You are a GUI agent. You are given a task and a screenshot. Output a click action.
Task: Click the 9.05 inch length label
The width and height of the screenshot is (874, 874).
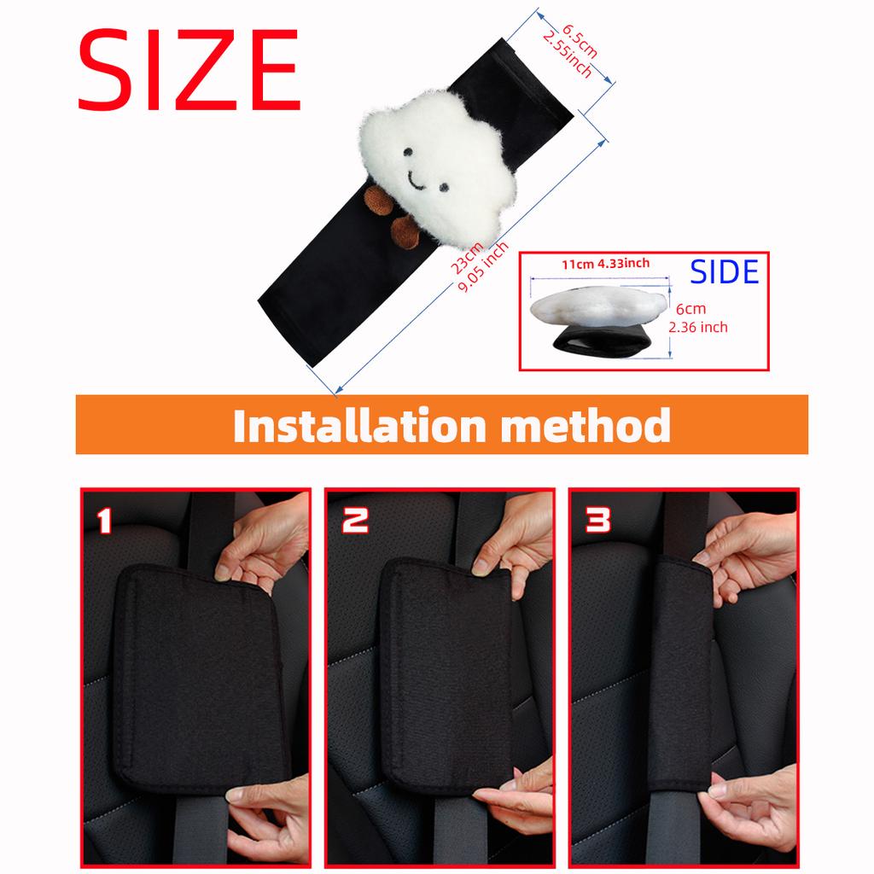point(482,267)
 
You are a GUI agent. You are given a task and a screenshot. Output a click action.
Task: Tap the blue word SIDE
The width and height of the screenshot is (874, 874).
point(724,271)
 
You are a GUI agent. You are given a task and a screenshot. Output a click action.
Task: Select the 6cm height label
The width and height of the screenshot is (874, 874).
point(690,310)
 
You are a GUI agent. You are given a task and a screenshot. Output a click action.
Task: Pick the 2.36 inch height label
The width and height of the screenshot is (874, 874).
point(698,326)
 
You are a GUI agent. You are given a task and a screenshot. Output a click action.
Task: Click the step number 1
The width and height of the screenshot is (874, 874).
point(104,519)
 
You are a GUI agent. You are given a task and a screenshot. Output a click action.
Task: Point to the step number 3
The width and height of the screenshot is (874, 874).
point(597,519)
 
